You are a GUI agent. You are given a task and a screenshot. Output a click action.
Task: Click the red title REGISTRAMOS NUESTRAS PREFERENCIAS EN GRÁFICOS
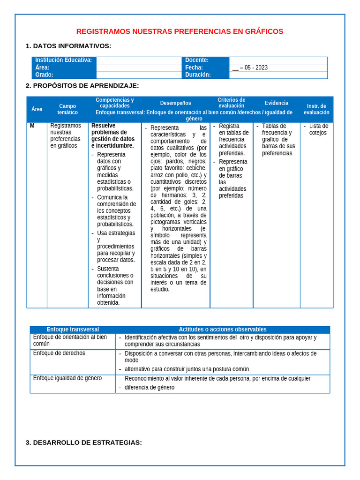[180, 31]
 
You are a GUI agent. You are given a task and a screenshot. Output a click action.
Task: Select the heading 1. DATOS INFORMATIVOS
[68, 46]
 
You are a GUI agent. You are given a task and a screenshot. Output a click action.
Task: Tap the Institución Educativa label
[63, 60]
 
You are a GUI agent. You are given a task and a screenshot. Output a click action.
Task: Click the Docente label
[197, 60]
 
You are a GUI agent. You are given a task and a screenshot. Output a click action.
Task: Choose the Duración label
[198, 75]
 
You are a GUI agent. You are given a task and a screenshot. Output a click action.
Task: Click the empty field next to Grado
[139, 75]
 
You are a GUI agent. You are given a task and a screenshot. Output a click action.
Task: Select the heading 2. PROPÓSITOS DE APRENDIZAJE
[82, 86]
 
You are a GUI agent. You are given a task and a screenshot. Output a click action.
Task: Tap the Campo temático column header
[67, 109]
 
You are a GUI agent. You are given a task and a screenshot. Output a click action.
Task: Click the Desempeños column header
[175, 103]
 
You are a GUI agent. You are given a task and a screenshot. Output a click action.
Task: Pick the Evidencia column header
[277, 103]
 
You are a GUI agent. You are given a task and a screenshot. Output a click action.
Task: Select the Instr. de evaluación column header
[316, 109]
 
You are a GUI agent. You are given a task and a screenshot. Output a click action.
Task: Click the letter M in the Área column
[32, 126]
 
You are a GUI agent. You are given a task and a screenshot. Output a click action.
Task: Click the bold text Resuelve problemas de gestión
[113, 135]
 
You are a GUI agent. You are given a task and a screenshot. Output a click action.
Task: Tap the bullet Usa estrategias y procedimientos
[116, 246]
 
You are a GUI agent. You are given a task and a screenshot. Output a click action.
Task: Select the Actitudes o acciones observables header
[222, 330]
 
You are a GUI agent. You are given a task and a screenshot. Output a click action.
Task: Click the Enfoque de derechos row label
[59, 353]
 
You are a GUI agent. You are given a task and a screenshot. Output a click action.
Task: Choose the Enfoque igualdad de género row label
[67, 378]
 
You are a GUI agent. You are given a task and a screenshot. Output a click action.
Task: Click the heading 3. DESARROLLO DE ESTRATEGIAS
[83, 442]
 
